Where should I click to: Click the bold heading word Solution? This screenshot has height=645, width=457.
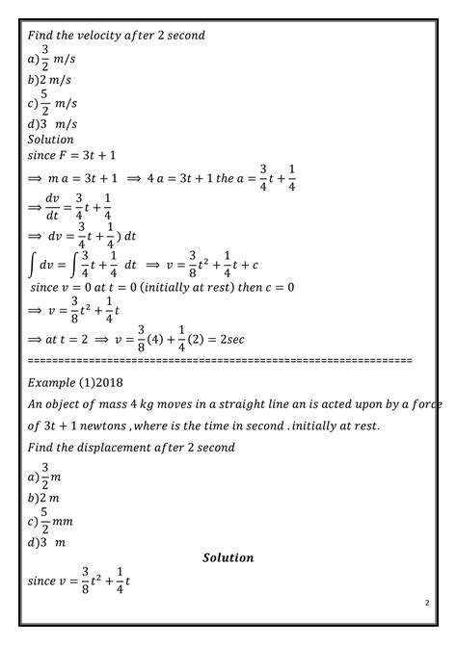pyautogui.click(x=228, y=557)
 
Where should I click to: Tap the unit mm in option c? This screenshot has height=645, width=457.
pyautogui.click(x=65, y=523)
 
